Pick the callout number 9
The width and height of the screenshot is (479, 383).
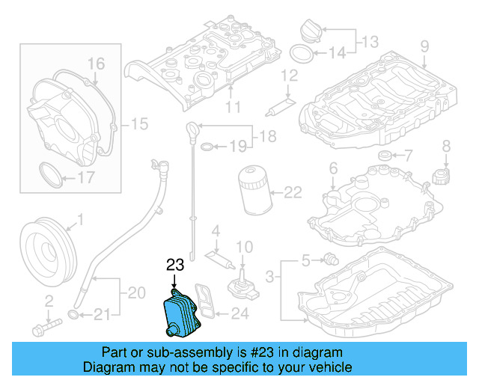click(424, 47)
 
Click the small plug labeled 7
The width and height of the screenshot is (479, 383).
click(385, 156)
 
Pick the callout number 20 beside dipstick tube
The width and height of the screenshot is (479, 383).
click(135, 293)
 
